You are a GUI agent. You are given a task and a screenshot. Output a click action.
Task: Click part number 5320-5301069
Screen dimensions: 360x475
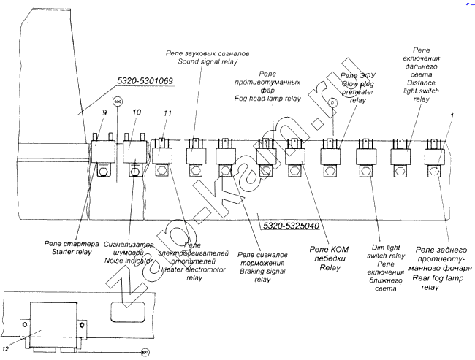pos(144,81)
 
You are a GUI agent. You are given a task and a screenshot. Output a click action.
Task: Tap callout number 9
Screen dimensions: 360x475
pos(104,112)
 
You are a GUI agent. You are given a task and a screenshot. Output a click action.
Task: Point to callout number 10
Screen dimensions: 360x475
pos(136,112)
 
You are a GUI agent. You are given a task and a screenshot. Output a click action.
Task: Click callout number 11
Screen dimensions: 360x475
pos(167,114)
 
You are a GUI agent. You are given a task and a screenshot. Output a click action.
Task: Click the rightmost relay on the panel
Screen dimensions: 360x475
pos(437,156)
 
